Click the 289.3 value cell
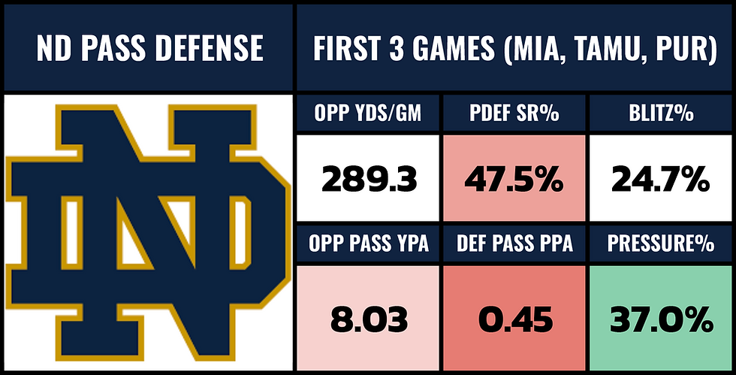coord(368,180)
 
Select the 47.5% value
coord(515,180)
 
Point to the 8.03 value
coord(368,320)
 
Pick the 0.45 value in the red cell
coord(515,320)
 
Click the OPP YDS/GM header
coord(368,115)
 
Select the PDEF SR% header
coord(515,115)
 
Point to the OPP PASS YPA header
coord(368,244)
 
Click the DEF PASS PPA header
coord(515,244)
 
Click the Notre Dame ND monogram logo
coord(146,233)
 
